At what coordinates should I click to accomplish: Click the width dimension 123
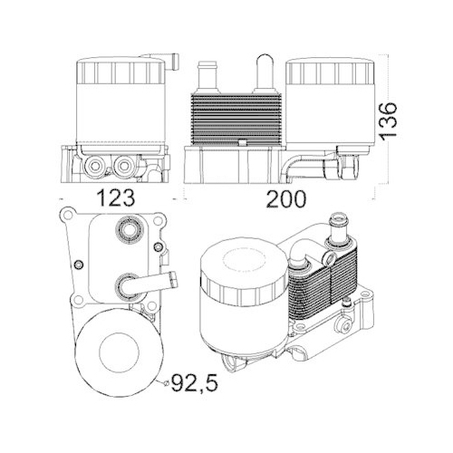(115, 198)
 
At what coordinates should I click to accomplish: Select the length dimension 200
(286, 198)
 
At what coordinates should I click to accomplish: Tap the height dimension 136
(388, 121)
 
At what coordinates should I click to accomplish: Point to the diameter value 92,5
(194, 382)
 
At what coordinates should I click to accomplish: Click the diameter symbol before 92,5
(165, 383)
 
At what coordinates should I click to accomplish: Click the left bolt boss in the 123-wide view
(95, 165)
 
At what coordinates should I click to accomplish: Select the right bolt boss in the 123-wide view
(125, 165)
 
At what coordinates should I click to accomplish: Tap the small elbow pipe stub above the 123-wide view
(170, 62)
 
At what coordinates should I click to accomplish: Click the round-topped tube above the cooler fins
(265, 72)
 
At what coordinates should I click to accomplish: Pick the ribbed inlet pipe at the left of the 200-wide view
(207, 77)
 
